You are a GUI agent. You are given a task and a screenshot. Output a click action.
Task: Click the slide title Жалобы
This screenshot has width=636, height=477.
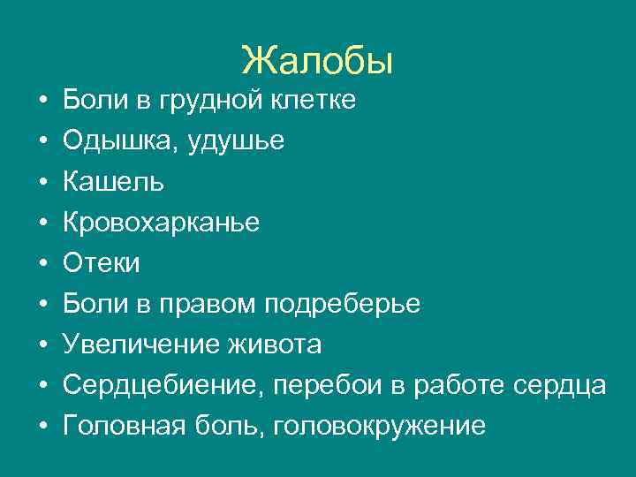point(317,60)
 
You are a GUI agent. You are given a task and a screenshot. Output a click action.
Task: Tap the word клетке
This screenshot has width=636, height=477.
point(315,101)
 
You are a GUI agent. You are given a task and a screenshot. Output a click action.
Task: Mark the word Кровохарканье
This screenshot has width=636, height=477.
point(161,223)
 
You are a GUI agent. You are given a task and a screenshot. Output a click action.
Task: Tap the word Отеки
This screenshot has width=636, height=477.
point(102,263)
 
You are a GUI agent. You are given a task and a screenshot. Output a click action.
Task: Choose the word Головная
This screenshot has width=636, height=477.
point(124,426)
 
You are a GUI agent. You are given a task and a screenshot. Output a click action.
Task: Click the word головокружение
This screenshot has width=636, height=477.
point(381,426)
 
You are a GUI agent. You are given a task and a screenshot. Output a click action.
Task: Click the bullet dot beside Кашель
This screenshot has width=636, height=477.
point(43,183)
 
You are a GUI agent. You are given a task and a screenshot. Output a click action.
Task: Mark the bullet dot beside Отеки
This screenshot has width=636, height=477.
point(43,264)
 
